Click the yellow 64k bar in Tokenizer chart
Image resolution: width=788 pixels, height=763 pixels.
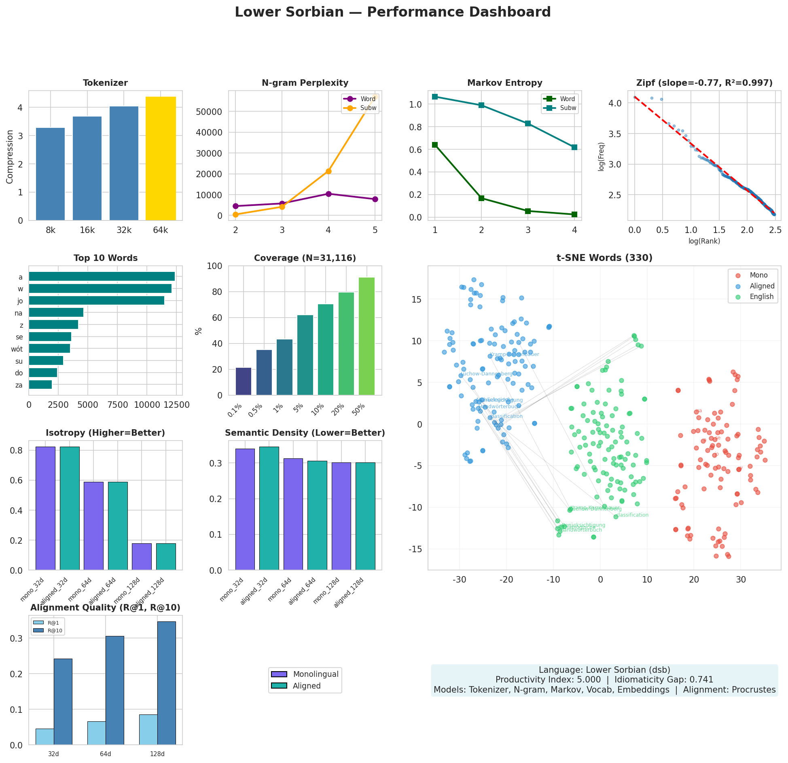click(161, 159)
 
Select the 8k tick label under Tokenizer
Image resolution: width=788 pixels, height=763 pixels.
click(51, 231)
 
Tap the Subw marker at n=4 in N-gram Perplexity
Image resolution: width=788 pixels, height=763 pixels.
click(328, 172)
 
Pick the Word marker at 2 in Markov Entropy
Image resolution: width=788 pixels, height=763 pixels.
click(481, 198)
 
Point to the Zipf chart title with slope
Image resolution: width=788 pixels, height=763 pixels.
click(704, 83)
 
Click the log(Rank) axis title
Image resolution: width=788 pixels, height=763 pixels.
click(704, 242)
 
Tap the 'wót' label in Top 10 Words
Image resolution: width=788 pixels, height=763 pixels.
click(17, 349)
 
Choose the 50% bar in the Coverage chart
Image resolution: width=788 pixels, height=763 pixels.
click(366, 336)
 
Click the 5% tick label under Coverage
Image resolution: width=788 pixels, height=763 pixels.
click(299, 408)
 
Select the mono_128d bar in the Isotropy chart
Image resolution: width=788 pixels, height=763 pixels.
click(142, 557)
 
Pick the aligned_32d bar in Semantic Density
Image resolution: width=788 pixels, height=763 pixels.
click(269, 509)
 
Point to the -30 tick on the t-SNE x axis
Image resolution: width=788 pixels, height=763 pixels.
click(460, 579)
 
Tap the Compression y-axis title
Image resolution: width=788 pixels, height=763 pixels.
click(10, 157)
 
